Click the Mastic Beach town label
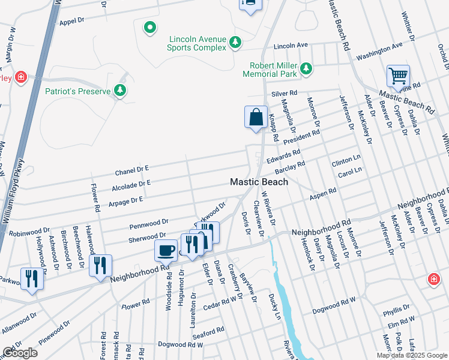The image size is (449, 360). [x=259, y=182]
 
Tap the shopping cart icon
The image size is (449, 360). [x=398, y=77]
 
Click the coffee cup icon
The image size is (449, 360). [x=166, y=250]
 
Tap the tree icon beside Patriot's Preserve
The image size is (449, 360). [x=121, y=91]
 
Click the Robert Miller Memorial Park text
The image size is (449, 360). [x=270, y=70]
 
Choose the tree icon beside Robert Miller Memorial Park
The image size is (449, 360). [x=307, y=69]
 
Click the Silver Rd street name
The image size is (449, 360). [x=285, y=94]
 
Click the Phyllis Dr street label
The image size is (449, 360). [x=396, y=312]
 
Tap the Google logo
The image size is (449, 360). [x=20, y=353]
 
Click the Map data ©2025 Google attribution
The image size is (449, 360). [x=412, y=355]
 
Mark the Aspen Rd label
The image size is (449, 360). [x=323, y=197]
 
